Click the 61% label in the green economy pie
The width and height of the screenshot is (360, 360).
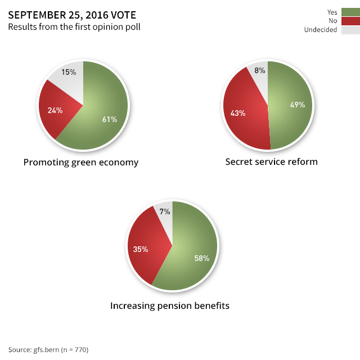109,119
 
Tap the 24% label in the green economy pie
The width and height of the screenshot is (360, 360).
55,110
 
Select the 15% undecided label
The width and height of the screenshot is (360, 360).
69,72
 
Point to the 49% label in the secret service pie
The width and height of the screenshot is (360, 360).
296,105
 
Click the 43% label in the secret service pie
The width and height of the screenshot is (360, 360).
238,112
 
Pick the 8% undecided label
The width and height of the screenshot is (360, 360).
260,71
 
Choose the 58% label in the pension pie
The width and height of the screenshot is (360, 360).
201,258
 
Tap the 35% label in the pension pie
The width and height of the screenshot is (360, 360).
141,249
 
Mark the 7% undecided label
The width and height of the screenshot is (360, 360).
165,212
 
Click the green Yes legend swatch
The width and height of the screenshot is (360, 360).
350,12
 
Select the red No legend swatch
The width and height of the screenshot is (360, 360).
350,21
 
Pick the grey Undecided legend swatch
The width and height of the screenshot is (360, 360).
350,30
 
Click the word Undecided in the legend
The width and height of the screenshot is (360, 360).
320,30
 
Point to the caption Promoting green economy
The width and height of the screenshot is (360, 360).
81,163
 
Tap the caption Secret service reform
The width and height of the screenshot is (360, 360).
272,162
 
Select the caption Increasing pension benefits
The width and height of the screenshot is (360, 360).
170,306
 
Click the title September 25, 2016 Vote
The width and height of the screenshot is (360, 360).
71,15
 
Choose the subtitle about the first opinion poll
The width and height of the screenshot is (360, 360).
74,27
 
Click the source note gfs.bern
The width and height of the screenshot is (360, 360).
48,349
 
